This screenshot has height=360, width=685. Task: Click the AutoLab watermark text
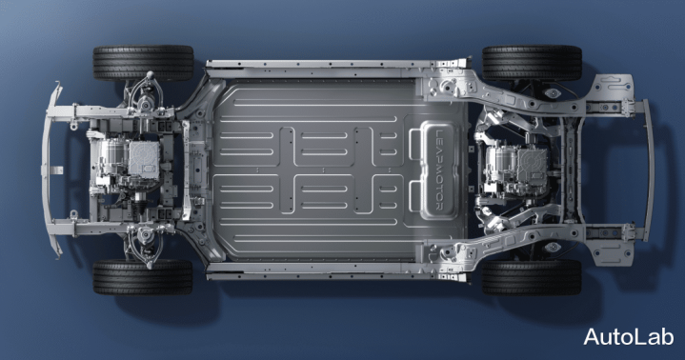tap(628, 337)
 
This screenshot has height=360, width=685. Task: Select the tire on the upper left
tap(143, 63)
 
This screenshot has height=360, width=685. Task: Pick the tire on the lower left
tap(143, 277)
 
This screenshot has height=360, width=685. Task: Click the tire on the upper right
tap(532, 63)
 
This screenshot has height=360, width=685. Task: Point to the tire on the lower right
tap(532, 277)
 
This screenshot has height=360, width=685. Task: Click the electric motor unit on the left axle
tap(127, 164)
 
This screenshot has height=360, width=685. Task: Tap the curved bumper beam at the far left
tap(48, 170)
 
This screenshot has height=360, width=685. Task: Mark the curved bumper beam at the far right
tap(649, 170)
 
